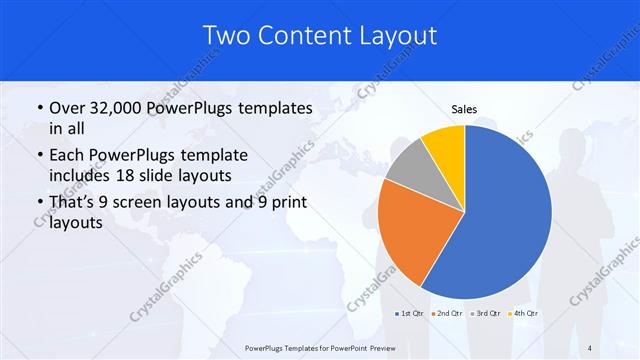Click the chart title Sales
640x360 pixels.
click(x=465, y=108)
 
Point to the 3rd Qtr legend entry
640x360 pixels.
click(x=487, y=315)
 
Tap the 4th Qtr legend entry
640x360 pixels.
click(x=524, y=315)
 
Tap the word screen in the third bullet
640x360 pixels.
click(x=152, y=203)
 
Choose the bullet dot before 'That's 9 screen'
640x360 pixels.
click(x=39, y=204)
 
